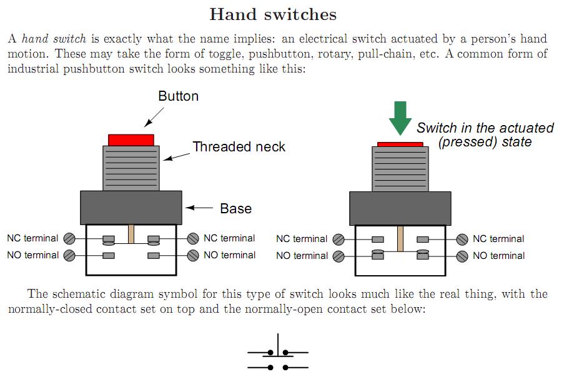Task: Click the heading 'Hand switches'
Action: [273, 14]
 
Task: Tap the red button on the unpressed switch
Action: [131, 139]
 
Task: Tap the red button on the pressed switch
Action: [400, 144]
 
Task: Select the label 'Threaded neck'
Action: [239, 147]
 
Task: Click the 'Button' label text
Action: [178, 96]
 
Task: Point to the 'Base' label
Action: [235, 208]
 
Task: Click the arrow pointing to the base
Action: [199, 208]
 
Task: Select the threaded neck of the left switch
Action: [131, 168]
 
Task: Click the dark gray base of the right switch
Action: [400, 208]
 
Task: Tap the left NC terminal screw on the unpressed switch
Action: [70, 238]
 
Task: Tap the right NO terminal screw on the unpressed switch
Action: [193, 255]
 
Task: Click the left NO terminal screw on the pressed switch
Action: [339, 256]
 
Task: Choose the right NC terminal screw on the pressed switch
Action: [462, 239]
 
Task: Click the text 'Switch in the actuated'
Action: [485, 128]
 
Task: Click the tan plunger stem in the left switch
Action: [131, 234]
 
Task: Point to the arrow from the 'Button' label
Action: [154, 117]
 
